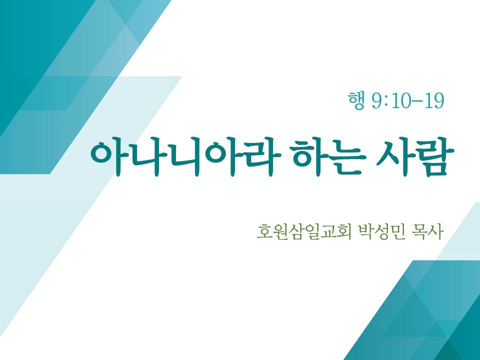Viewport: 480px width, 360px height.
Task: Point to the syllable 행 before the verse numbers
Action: pos(356,100)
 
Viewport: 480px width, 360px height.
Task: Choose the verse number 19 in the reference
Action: pos(434,100)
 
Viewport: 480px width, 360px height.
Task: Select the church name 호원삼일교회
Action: pos(304,232)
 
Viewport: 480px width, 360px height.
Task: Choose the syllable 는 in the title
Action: pos(348,157)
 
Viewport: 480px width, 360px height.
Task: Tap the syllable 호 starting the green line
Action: pos(264,232)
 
